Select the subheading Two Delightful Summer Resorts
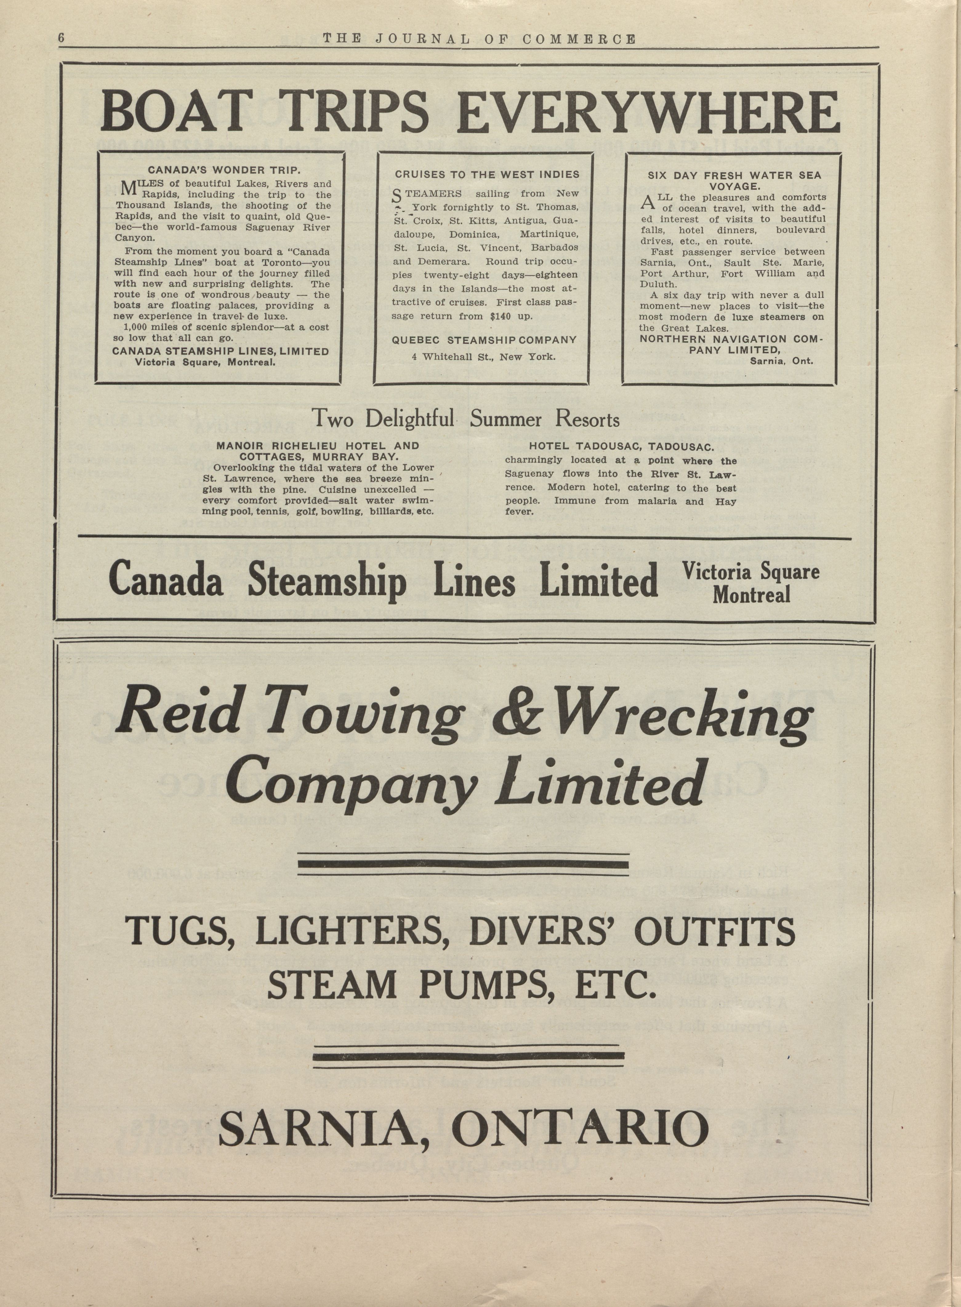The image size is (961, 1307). [x=466, y=419]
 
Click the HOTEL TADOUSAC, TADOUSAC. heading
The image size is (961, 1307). [x=621, y=447]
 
